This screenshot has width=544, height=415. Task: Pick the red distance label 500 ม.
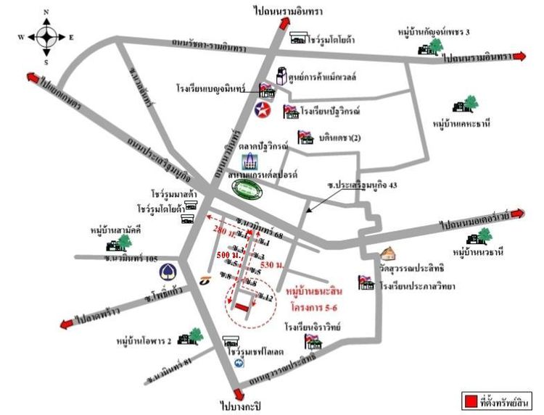click(x=226, y=255)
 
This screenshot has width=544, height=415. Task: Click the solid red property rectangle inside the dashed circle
click(x=241, y=308)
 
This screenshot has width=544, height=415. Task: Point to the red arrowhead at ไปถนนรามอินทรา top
click(x=283, y=26)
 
